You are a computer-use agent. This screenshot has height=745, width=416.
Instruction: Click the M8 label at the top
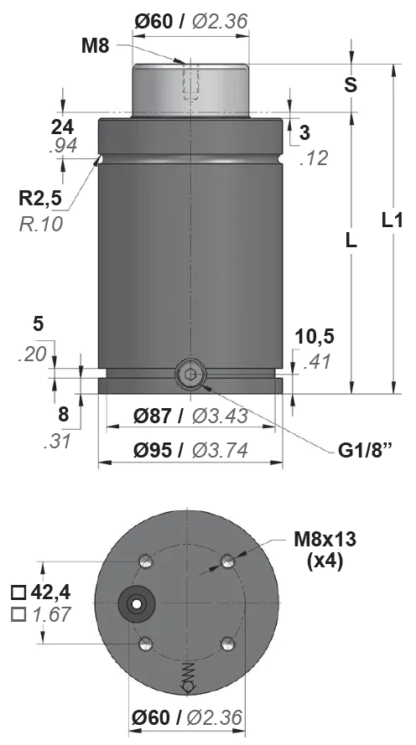pyautogui.click(x=95, y=46)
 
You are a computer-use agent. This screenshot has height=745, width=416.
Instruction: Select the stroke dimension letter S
pyautogui.click(x=351, y=85)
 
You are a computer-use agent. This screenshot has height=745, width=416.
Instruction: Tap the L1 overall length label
pyautogui.click(x=393, y=220)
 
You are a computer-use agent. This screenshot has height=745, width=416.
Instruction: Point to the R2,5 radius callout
pyautogui.click(x=40, y=198)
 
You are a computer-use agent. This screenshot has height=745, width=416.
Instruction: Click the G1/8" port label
pyautogui.click(x=364, y=450)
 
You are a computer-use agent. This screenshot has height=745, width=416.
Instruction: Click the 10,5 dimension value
pyautogui.click(x=315, y=336)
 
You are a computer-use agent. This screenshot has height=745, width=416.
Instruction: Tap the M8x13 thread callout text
pyautogui.click(x=325, y=540)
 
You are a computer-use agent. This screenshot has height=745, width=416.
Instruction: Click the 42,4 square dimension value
pyautogui.click(x=50, y=592)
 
